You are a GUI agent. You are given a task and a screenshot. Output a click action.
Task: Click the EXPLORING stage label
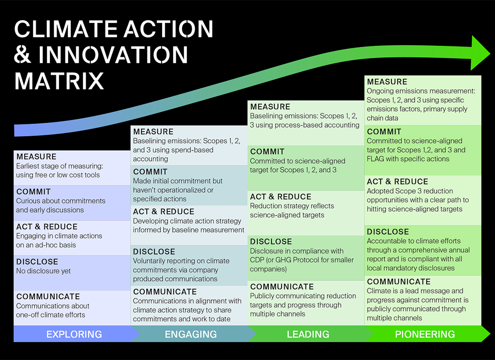(x=74, y=334)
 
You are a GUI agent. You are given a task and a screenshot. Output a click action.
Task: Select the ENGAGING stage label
(x=191, y=334)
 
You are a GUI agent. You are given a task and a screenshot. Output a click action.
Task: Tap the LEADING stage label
(x=308, y=334)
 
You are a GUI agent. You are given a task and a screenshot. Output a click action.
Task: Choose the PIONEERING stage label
(x=425, y=334)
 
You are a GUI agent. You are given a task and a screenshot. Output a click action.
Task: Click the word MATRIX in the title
(x=59, y=81)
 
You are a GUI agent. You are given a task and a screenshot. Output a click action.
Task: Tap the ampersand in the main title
(x=22, y=55)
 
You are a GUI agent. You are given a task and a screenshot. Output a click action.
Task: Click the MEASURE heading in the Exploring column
(x=36, y=157)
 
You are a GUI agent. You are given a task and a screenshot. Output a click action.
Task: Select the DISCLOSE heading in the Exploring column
(x=37, y=262)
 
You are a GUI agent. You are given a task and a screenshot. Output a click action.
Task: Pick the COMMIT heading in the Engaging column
(x=150, y=172)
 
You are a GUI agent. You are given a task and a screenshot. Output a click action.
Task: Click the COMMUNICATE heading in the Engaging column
(x=165, y=292)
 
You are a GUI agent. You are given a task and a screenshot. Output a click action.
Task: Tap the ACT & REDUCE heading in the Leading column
(x=280, y=197)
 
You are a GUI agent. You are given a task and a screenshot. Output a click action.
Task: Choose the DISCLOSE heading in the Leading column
(x=271, y=242)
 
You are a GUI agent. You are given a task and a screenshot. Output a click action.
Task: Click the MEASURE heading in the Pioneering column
(x=387, y=82)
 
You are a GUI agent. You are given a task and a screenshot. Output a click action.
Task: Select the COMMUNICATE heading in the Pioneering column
(x=399, y=282)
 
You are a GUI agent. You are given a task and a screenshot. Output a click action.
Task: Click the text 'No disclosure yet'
(x=43, y=271)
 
